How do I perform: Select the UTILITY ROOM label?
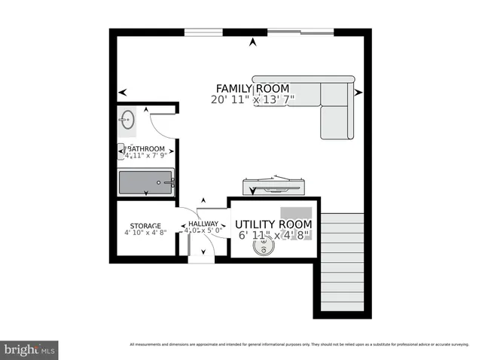273,224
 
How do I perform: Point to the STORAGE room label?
145,226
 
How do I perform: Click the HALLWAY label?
203,224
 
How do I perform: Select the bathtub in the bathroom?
146,182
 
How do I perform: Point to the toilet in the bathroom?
125,151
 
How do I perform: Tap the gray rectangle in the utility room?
296,213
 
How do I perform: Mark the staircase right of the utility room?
343,264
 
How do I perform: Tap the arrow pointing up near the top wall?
253,43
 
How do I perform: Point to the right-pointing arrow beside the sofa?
358,93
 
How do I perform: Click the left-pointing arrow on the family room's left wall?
122,93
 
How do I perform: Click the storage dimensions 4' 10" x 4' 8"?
145,233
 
